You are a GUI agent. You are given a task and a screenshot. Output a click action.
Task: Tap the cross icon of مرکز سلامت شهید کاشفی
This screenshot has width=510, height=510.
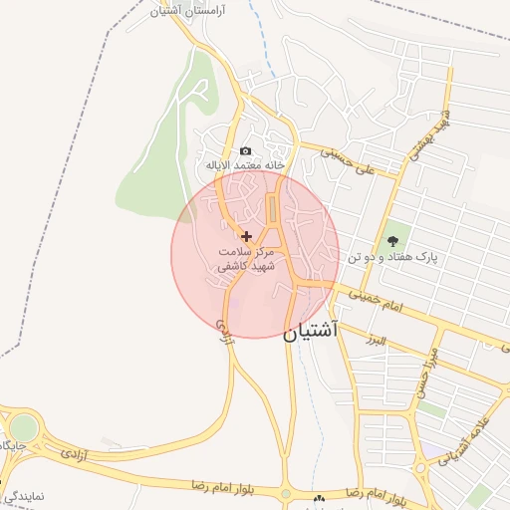tap(247, 236)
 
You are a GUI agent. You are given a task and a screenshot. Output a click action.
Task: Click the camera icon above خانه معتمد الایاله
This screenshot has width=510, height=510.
tap(245, 150)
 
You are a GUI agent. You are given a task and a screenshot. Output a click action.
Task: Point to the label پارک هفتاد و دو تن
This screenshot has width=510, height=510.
tap(395, 258)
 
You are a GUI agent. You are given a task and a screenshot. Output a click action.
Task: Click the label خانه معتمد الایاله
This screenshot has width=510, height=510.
tap(245, 164)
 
